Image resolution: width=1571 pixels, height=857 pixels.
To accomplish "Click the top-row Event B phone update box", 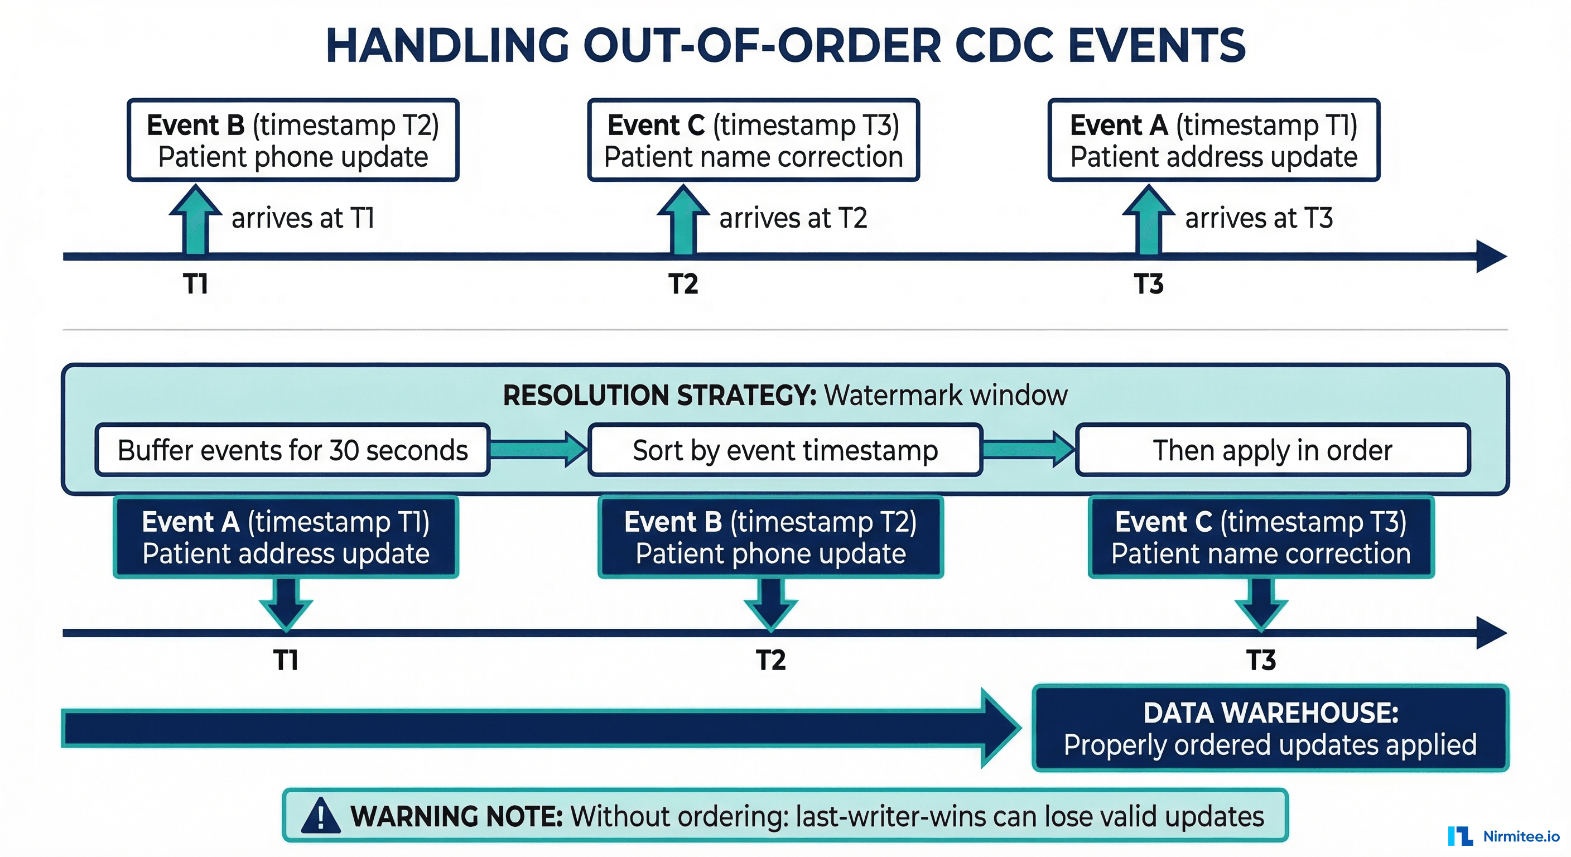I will (x=293, y=140).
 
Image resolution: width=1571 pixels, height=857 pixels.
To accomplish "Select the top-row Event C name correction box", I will (x=753, y=140).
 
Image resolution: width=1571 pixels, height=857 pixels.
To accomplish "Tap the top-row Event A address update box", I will (x=1213, y=140).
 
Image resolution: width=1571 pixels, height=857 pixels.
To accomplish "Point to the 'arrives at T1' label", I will (x=302, y=218).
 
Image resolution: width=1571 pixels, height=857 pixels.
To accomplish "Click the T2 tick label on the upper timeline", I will (x=683, y=284).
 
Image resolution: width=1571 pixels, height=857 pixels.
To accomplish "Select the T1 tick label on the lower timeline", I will (x=286, y=660).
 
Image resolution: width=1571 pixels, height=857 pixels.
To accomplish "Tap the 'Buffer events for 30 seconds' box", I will (x=293, y=450).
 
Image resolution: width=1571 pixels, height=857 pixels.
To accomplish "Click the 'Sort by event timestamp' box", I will (x=785, y=450).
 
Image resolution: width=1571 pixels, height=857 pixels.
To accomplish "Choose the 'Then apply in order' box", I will (x=1273, y=450).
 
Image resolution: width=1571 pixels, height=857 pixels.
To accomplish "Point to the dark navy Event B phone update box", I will (x=770, y=537).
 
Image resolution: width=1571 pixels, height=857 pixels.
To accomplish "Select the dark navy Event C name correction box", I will (x=1261, y=537).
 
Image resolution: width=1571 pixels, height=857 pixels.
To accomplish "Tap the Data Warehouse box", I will (x=1270, y=728).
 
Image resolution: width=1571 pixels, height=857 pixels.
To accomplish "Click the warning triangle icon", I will (x=321, y=816).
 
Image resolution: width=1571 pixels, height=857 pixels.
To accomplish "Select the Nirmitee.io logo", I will (x=1503, y=836).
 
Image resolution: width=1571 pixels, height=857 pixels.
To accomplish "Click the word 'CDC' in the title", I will (x=1004, y=46).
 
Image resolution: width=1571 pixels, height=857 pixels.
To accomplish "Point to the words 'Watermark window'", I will (x=945, y=395).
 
